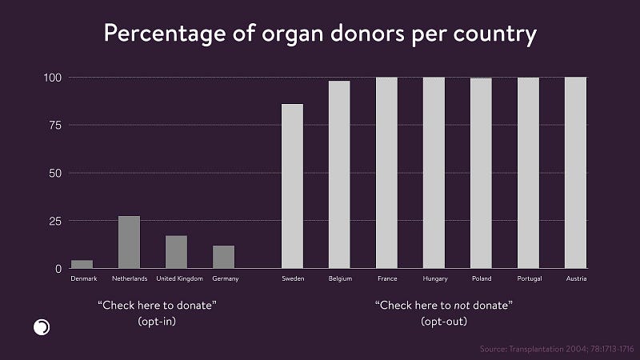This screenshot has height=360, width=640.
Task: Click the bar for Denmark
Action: coord(82,264)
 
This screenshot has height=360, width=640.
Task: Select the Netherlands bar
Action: coord(129,242)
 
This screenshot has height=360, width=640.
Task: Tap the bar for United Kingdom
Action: coord(176,252)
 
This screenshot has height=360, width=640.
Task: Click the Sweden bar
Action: coord(293,186)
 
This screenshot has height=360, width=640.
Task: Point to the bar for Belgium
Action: coord(339,174)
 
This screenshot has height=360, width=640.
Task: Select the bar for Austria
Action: coord(575,173)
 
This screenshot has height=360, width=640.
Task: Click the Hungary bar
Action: coord(434,173)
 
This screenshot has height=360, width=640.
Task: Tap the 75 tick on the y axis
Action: coord(53,125)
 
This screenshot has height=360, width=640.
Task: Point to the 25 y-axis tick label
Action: coord(53,221)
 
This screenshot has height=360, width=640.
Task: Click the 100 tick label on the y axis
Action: coord(50,78)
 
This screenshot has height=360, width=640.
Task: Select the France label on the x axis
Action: coord(387,278)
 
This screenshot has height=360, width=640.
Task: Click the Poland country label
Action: coord(481,278)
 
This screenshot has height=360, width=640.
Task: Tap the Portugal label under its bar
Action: coord(528,278)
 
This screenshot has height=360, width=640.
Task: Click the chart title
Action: coord(320,35)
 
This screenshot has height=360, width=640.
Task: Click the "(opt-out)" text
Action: coord(444,321)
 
